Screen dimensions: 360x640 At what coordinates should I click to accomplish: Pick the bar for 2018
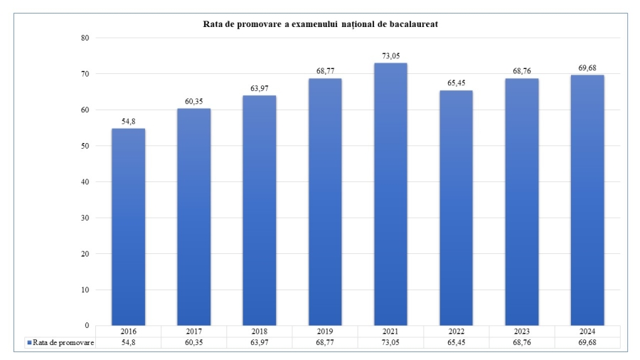coord(259,210)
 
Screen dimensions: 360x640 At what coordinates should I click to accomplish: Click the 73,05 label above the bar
coord(390,55)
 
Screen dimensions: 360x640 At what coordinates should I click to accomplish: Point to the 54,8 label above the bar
coord(128,122)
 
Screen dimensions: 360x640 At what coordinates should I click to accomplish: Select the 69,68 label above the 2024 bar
coord(587,68)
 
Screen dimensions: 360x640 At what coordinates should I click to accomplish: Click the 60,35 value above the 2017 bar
coord(193,102)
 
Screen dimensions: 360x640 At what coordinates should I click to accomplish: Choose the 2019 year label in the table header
coord(325,332)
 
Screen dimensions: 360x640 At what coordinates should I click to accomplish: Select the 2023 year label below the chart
coord(521,332)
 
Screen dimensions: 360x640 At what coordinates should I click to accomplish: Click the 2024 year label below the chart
coord(587,332)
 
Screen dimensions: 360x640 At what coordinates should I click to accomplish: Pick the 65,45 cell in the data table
coord(456,342)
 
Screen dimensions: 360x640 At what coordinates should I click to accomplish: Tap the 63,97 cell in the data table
coord(259,342)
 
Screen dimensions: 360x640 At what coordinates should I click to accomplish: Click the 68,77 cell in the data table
coord(325,342)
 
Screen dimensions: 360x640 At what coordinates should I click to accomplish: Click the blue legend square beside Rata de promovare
coord(29,342)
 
